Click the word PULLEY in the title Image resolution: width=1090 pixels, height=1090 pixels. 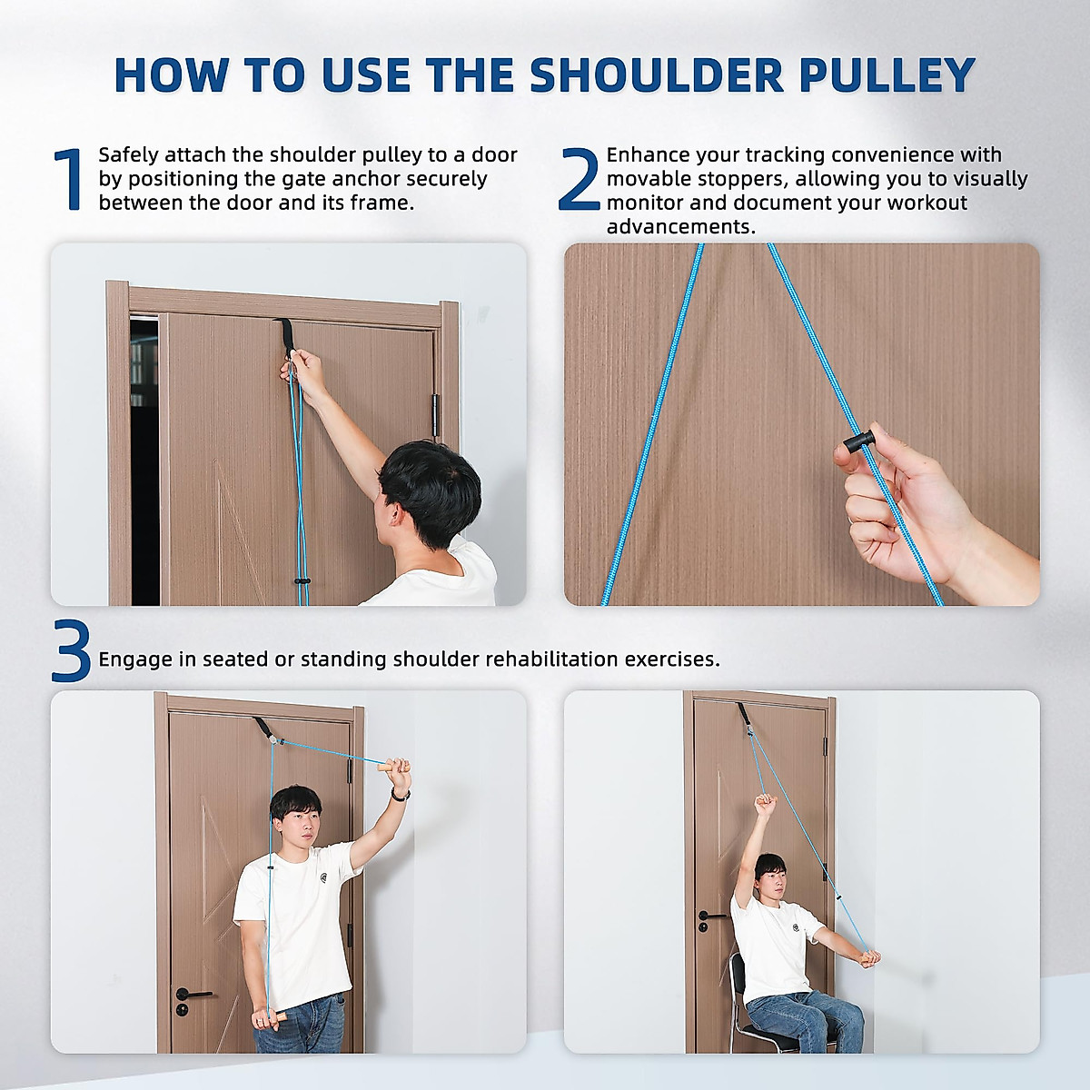tap(887, 74)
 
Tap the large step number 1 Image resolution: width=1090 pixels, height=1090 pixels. tap(69, 180)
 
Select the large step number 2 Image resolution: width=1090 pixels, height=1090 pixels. tap(578, 180)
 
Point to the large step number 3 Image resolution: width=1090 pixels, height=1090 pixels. tap(71, 652)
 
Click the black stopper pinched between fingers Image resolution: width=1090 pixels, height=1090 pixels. tap(857, 443)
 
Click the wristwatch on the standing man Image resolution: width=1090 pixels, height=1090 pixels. tap(399, 795)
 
